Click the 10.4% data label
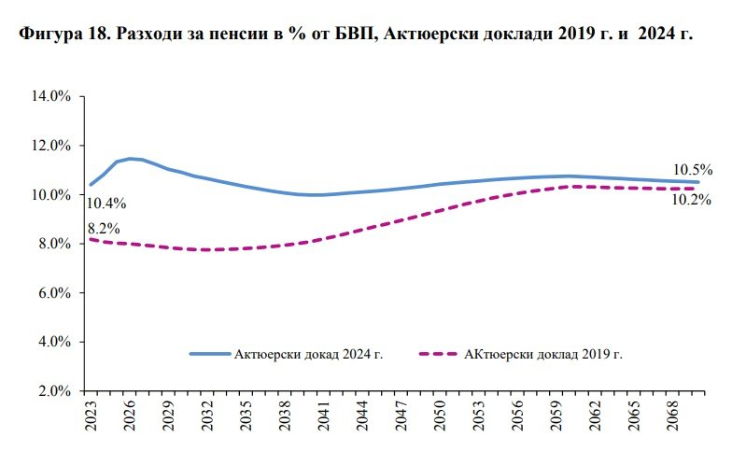click(x=106, y=203)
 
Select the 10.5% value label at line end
click(x=693, y=170)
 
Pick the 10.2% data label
click(x=693, y=199)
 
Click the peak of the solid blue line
click(x=131, y=159)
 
